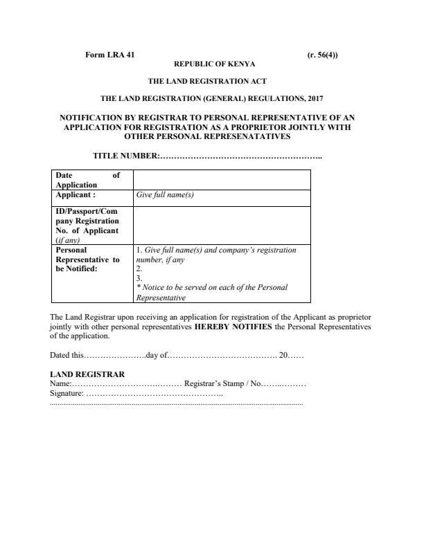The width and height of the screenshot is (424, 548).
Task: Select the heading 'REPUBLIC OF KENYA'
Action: (212, 63)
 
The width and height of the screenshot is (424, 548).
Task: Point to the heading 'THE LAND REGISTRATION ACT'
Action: (212, 81)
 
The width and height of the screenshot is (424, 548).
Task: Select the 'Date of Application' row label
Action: (88, 180)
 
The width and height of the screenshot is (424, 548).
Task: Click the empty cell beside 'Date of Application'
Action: (221, 180)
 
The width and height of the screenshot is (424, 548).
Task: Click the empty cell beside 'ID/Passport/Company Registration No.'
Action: (221, 225)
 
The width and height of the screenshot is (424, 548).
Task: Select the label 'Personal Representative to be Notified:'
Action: (87, 259)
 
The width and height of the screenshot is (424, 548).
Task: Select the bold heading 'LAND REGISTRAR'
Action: (87, 374)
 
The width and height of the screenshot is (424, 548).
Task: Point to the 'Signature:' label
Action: (67, 393)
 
